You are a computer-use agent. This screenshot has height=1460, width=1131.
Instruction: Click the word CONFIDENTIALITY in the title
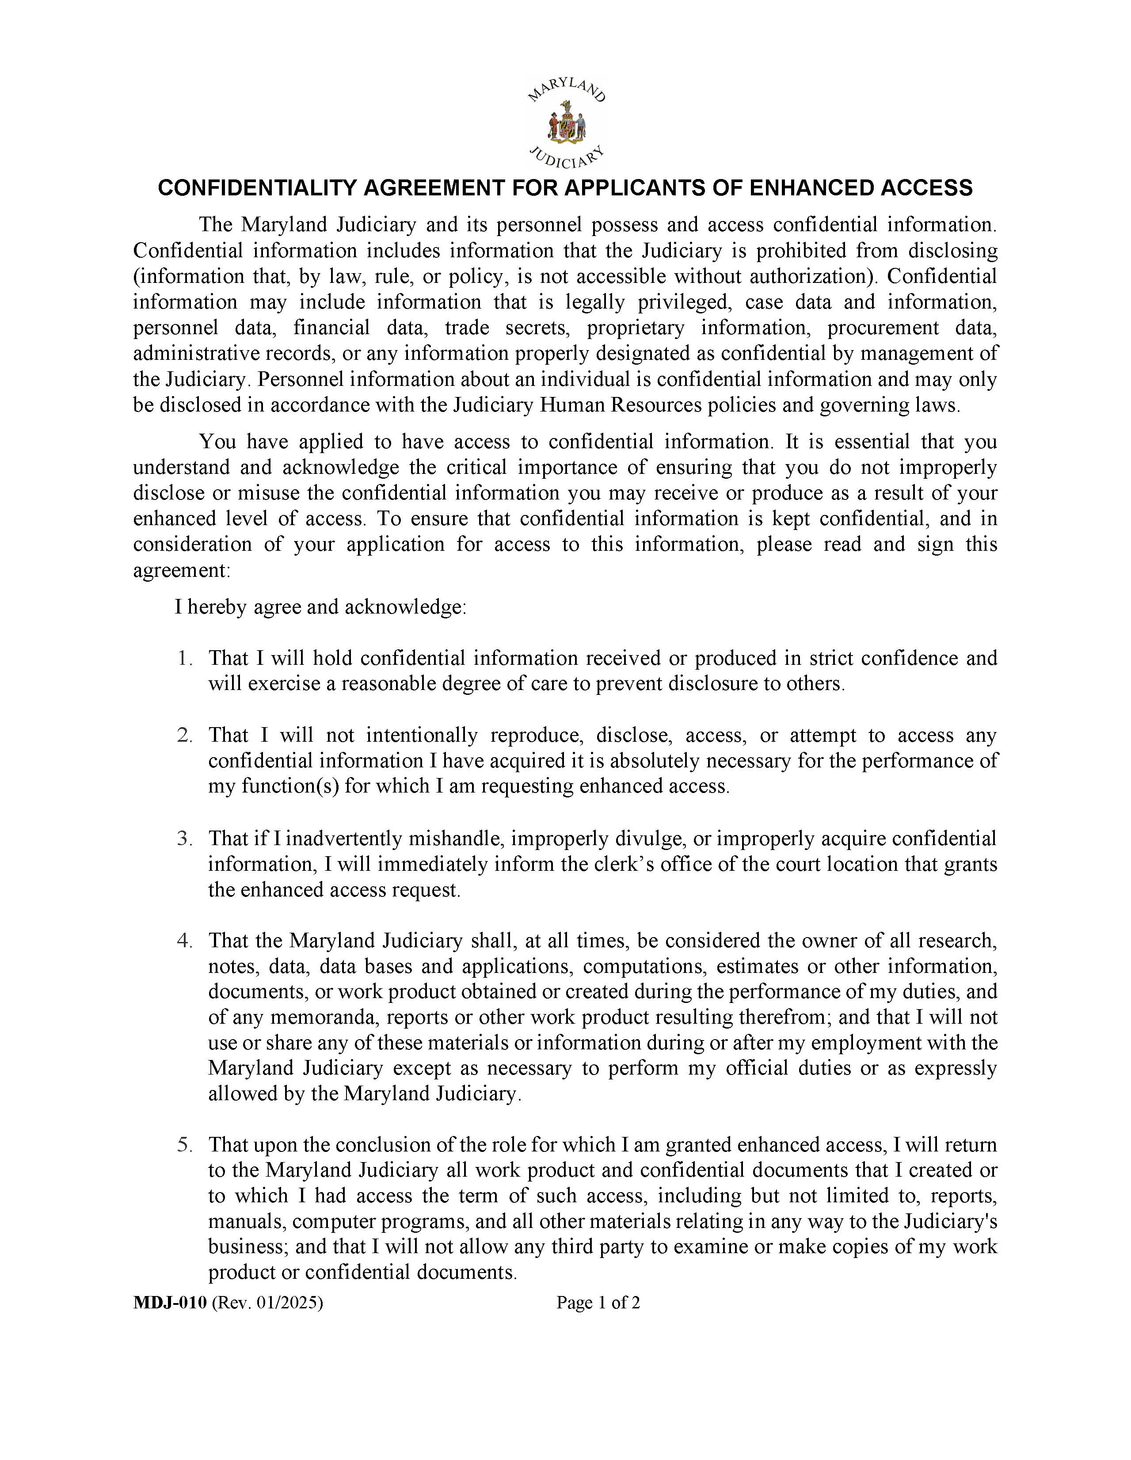258,188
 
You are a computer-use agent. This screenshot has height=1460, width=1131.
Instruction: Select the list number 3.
184,839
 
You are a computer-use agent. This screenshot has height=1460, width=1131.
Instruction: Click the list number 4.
184,941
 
